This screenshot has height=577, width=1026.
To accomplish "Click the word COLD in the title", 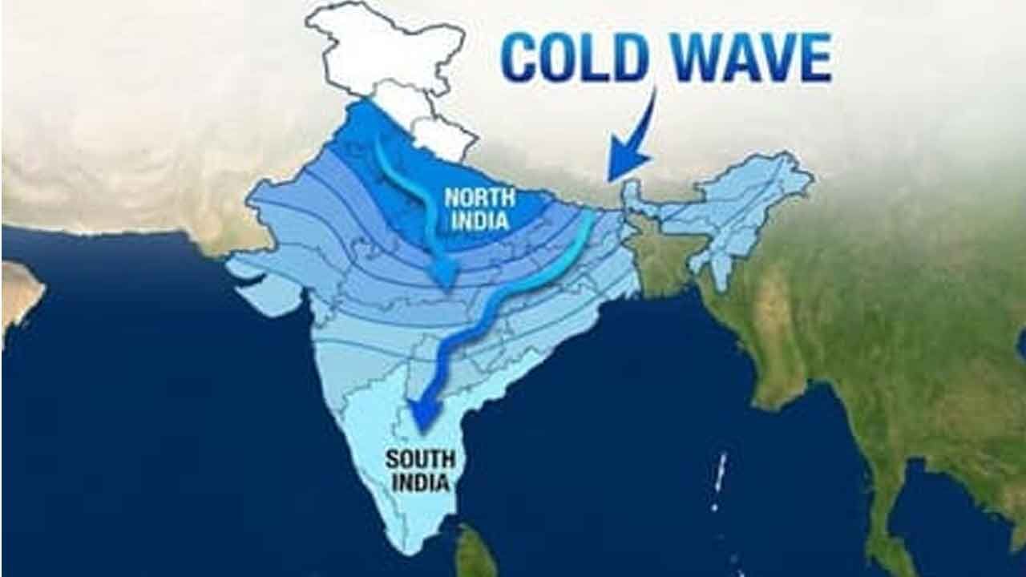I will point(575,58).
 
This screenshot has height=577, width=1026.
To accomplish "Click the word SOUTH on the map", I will point(420,459).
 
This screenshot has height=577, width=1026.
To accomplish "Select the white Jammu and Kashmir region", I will point(385,48).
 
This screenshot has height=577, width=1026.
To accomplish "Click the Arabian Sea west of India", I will point(160,385).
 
